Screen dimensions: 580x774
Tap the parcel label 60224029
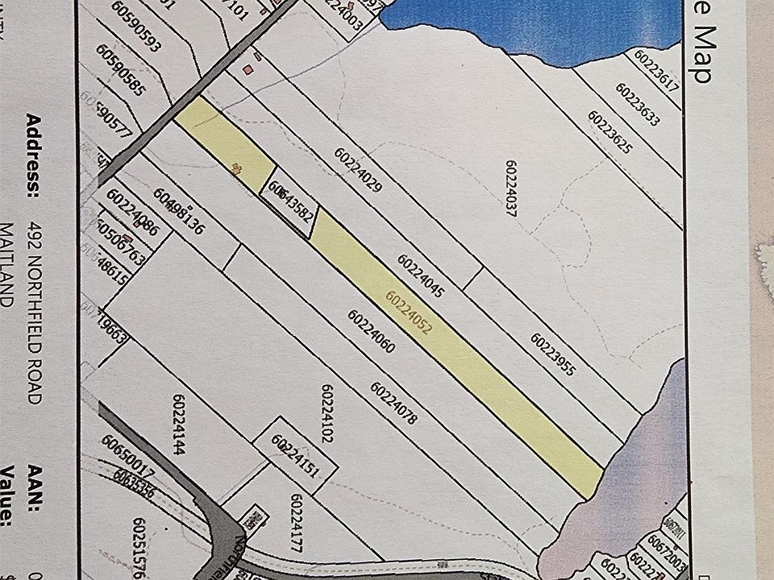pos(356,172)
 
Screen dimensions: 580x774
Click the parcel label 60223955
pos(552,354)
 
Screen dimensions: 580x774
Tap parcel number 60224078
pos(393,403)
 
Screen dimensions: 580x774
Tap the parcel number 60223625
pos(610,132)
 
